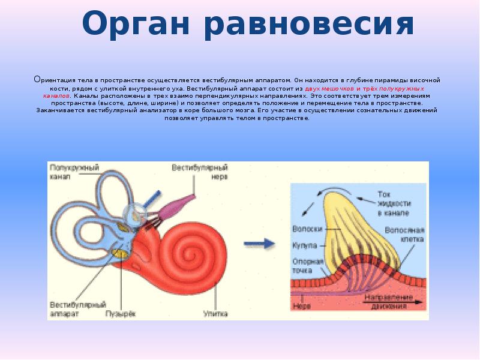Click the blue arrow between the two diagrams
[x=260, y=243]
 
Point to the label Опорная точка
[x=308, y=265]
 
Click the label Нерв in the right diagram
[x=301, y=304]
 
